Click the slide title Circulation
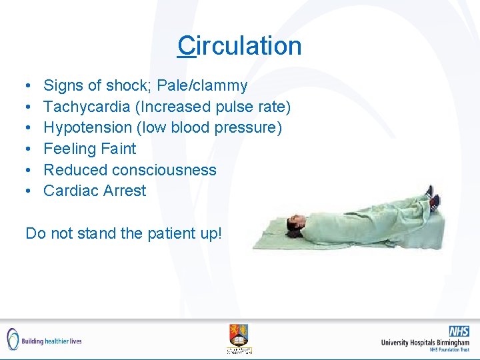tap(239, 46)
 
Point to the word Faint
tap(118, 149)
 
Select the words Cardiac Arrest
tap(95, 191)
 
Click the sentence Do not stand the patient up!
tap(123, 233)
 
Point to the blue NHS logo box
tap(459, 331)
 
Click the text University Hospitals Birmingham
tap(425, 343)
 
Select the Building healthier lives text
tap(52, 341)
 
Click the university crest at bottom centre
tap(239, 337)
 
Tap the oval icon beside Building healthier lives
tap(12, 339)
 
